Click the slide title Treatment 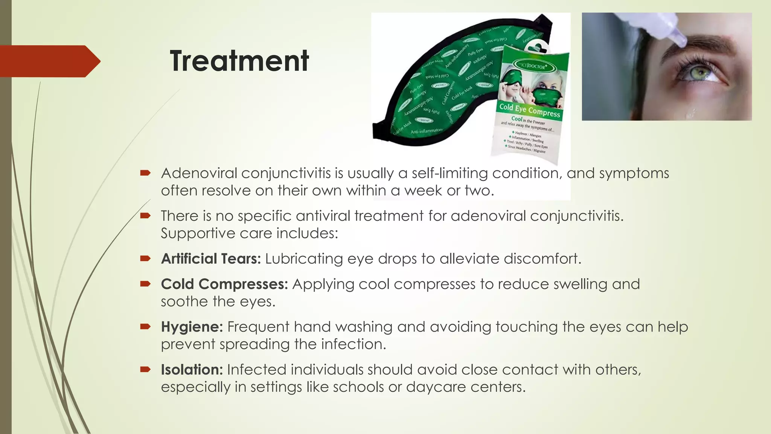pos(239,61)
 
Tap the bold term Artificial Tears pos(210,259)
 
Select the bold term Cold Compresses pos(224,284)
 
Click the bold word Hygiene pos(192,327)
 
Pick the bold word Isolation pos(192,370)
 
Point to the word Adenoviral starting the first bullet pos(199,173)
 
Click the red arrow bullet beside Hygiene pos(145,326)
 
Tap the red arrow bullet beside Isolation pos(145,369)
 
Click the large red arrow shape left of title pos(49,61)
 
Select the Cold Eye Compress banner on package pos(530,110)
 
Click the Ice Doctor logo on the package pos(531,66)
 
